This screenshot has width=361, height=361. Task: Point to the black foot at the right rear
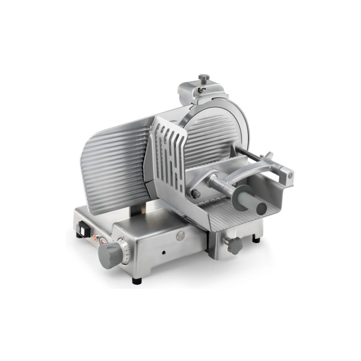tap(257, 239)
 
